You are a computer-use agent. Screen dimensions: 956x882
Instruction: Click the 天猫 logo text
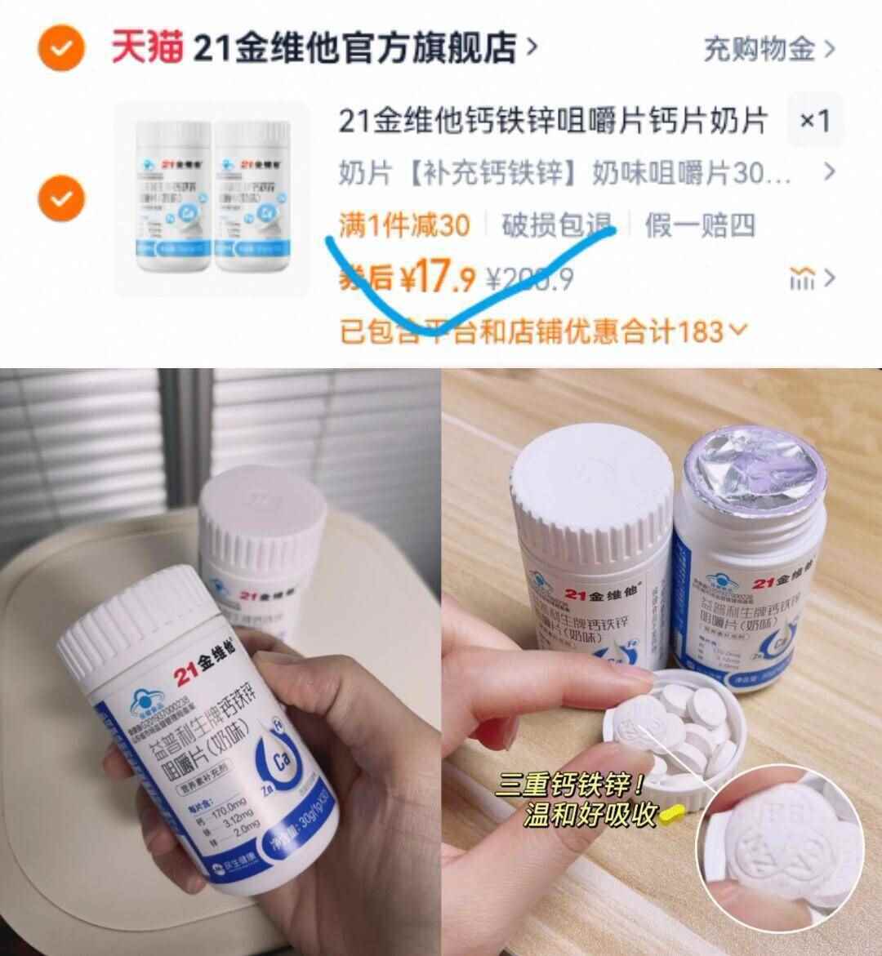click(x=147, y=49)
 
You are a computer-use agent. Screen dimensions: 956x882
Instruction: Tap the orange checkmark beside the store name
click(x=61, y=49)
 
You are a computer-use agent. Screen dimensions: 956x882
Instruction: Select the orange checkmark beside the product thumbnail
click(x=61, y=198)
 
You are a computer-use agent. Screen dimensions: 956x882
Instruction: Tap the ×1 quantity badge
click(x=814, y=122)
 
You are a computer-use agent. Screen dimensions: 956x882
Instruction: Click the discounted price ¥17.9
click(x=437, y=279)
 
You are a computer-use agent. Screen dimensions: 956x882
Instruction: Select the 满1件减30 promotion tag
click(x=404, y=225)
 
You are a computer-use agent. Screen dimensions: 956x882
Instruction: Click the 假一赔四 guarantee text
click(x=700, y=225)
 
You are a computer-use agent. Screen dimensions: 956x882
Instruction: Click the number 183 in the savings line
click(x=700, y=331)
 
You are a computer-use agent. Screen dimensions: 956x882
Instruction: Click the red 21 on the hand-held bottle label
click(x=184, y=673)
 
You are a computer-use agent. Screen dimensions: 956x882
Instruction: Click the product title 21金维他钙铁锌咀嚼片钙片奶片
click(x=553, y=122)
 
